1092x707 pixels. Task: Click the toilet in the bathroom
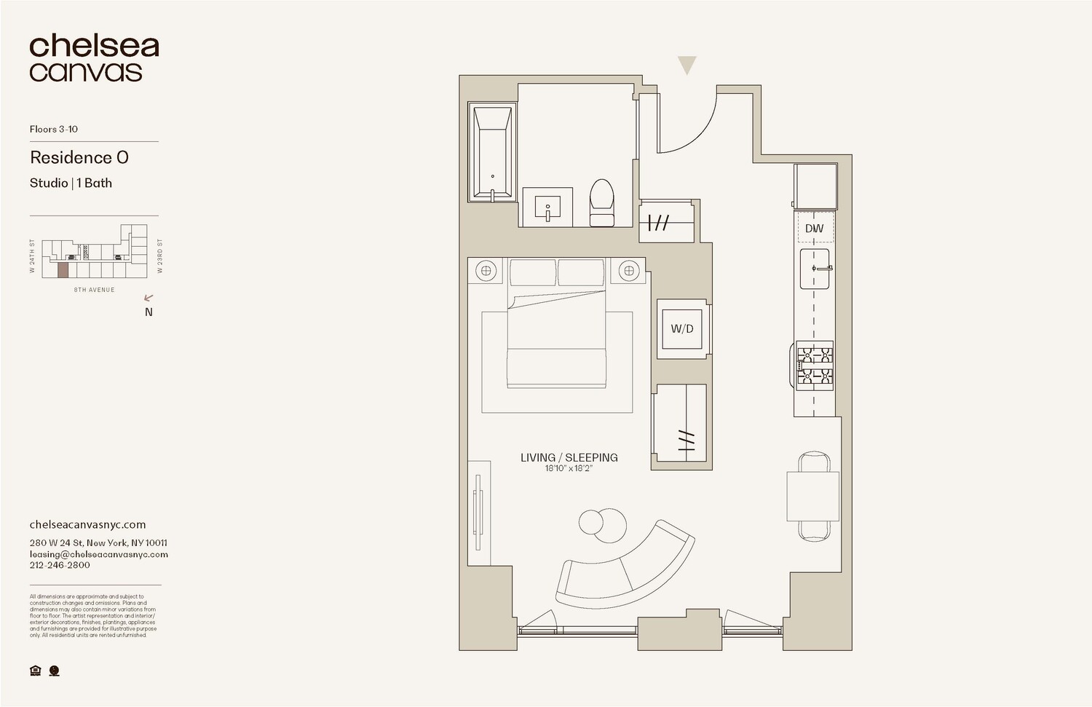(x=602, y=204)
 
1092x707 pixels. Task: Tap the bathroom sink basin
(x=547, y=208)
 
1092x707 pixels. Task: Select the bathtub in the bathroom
(x=493, y=152)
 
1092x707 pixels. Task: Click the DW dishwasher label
(x=814, y=229)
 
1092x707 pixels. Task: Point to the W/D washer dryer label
(x=682, y=328)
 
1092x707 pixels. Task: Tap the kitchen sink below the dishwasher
(x=815, y=269)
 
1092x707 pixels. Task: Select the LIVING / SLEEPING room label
(x=569, y=457)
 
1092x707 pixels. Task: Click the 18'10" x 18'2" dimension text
(x=569, y=468)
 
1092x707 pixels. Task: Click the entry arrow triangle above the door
(x=687, y=65)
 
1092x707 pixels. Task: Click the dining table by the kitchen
(x=813, y=496)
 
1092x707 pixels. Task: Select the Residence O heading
(x=79, y=157)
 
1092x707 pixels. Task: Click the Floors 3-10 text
(x=54, y=129)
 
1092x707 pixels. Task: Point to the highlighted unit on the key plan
(x=63, y=270)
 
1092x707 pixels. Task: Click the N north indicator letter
(x=149, y=312)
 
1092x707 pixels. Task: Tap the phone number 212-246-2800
(x=60, y=565)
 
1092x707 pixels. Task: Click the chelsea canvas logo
(x=93, y=58)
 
